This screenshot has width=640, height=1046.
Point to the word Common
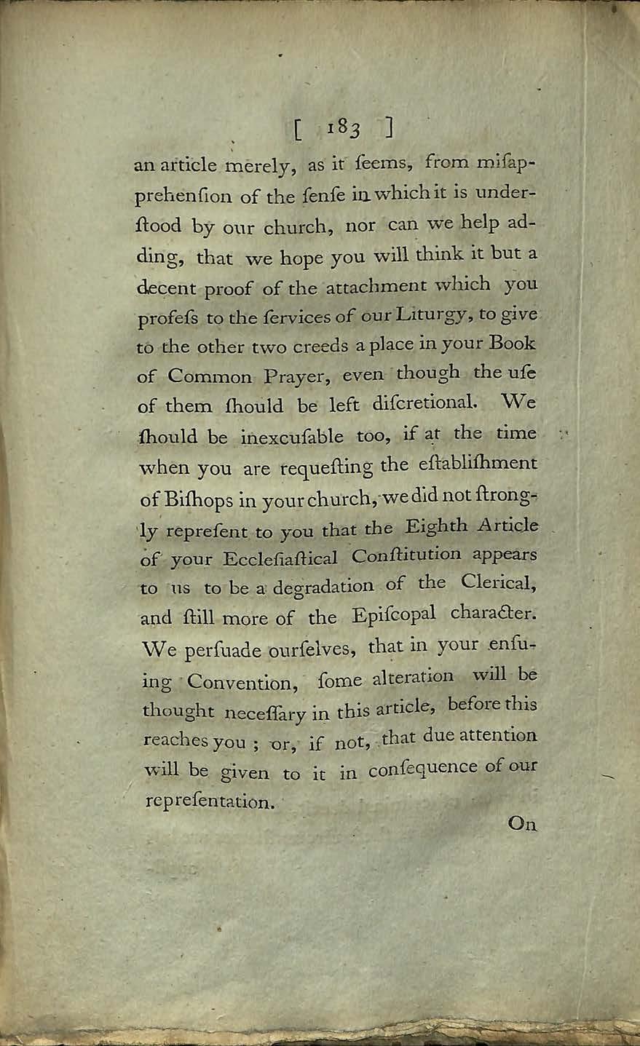tap(210, 376)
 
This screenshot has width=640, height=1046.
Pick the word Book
tap(513, 342)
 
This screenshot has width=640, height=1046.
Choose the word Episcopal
tap(393, 615)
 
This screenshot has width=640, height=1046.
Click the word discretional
tap(420, 404)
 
